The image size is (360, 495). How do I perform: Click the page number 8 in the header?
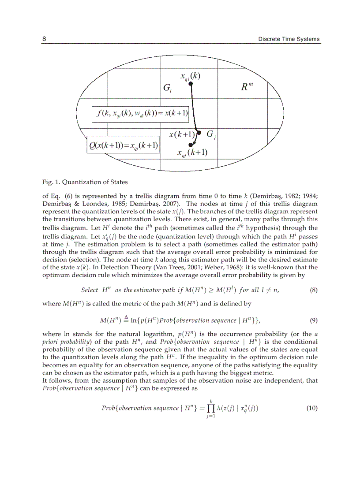pos(44,39)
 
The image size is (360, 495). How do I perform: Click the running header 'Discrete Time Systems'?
pos(289,39)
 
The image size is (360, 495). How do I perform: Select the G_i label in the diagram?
pos(168,89)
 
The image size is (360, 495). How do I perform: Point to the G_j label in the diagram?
pos(211,134)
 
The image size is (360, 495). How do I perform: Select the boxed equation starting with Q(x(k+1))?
pos(123,145)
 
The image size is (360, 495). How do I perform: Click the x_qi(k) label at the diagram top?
pos(190,76)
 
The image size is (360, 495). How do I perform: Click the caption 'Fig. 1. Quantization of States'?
pos(85,182)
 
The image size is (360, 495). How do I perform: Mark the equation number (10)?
pos(311,408)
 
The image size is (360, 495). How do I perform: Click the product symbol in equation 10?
pos(211,408)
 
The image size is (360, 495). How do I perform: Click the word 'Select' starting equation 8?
pos(90,290)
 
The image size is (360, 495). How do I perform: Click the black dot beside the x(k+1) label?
pos(199,133)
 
